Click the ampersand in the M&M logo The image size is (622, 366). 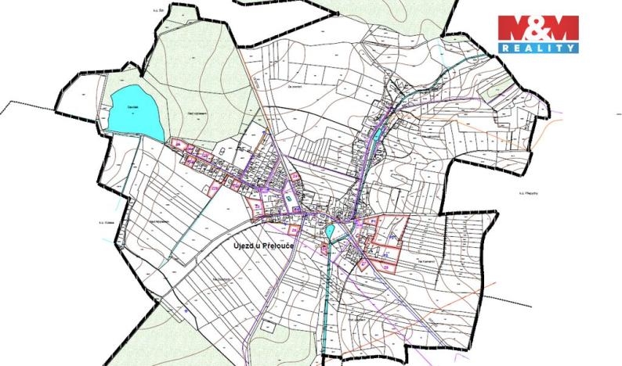(539, 29)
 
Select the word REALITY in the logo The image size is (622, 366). (539, 48)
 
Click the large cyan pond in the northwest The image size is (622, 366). (134, 114)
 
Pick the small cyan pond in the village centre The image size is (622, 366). (330, 231)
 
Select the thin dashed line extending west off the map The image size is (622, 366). (31, 102)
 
